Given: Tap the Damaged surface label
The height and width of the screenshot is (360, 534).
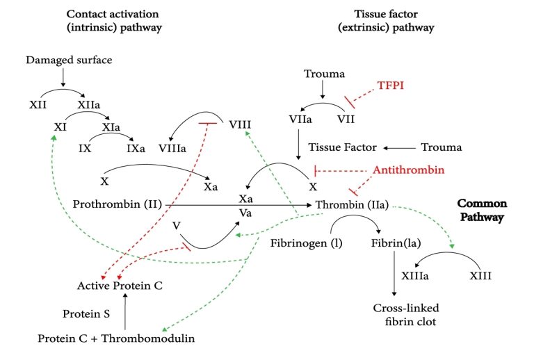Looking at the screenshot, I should tap(69, 60).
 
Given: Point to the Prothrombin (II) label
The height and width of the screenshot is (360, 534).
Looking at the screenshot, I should tap(117, 204).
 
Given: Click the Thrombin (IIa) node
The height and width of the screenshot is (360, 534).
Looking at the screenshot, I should tap(351, 205).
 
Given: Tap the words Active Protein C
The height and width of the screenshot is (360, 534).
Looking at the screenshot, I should tap(120, 285).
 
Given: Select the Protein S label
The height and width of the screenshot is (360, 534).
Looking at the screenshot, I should tap(85, 313).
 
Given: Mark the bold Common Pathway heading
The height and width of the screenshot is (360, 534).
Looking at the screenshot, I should tap(482, 211).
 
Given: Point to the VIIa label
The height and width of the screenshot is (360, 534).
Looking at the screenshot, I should tap(300, 119).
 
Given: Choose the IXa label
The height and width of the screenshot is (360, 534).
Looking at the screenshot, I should tap(136, 148).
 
